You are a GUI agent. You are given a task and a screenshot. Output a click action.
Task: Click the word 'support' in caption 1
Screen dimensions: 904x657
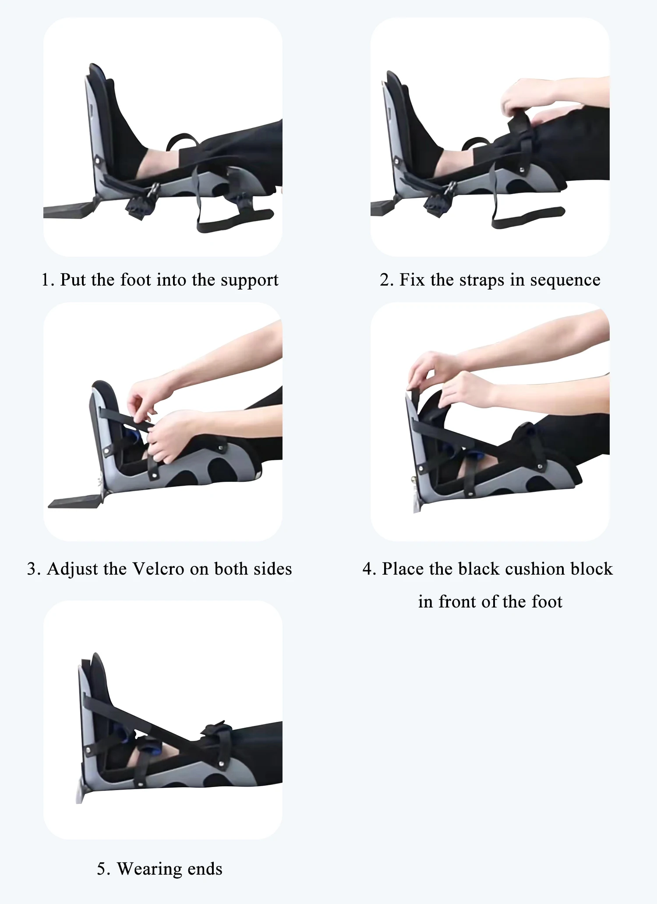(249, 280)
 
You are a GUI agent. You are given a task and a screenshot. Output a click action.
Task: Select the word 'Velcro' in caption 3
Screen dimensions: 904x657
(158, 569)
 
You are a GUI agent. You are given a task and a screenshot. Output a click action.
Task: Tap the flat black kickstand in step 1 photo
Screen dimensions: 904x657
(70, 210)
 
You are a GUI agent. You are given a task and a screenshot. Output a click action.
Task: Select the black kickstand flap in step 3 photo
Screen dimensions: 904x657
(74, 502)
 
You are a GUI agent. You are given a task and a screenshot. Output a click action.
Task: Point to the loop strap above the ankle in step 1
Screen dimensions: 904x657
(182, 140)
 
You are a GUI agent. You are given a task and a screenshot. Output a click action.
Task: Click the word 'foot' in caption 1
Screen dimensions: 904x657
(136, 280)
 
